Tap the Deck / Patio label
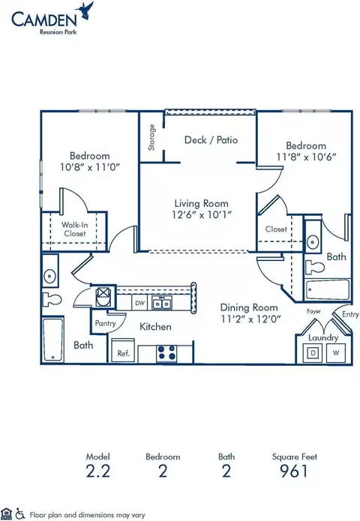pyautogui.click(x=211, y=140)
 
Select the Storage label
pyautogui.click(x=151, y=137)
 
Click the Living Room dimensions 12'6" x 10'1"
pyautogui.click(x=202, y=214)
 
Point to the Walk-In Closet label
pyautogui.click(x=75, y=229)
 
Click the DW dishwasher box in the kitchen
pyautogui.click(x=140, y=303)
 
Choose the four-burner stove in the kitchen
pyautogui.click(x=166, y=353)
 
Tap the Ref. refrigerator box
pyautogui.click(x=123, y=351)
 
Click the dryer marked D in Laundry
pyautogui.click(x=313, y=352)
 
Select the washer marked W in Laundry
pyautogui.click(x=336, y=352)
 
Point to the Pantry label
pyautogui.click(x=105, y=323)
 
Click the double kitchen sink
pyautogui.click(x=162, y=303)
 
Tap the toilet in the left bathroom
pyautogui.click(x=52, y=300)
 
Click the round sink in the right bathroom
pyautogui.click(x=313, y=241)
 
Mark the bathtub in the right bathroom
pyautogui.click(x=328, y=290)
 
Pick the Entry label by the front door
pyautogui.click(x=350, y=315)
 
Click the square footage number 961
pyautogui.click(x=294, y=472)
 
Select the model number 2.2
pyautogui.click(x=97, y=472)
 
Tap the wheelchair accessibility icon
pyautogui.click(x=20, y=514)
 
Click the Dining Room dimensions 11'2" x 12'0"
pyautogui.click(x=251, y=319)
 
